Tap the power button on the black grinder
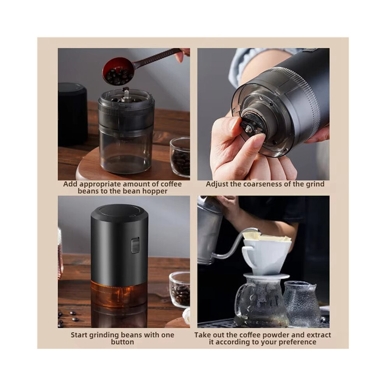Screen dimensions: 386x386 point(135,245)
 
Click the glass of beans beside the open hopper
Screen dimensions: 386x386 point(180,157)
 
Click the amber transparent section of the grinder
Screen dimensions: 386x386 point(119,293)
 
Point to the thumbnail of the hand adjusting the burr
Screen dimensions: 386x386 point(264,114)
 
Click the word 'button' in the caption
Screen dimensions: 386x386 point(122,342)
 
